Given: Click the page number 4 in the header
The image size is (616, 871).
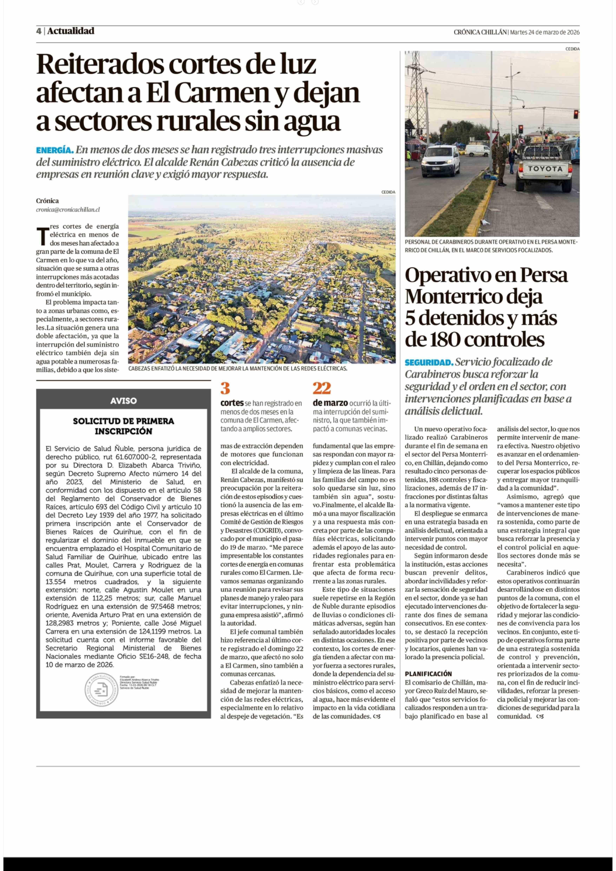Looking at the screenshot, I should tap(39, 31).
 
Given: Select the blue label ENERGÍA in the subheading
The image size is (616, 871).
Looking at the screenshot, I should tap(55, 150).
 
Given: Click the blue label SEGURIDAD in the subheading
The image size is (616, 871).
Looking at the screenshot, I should tap(429, 362).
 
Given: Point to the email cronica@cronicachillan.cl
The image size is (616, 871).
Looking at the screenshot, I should tap(68, 210).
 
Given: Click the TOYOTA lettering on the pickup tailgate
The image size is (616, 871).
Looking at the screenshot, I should tap(545, 168).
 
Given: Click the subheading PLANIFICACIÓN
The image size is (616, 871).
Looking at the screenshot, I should tap(428, 674).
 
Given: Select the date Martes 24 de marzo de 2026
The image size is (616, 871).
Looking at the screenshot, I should tap(545, 32).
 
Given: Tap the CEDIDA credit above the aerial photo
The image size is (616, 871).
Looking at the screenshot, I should tap(388, 192).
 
